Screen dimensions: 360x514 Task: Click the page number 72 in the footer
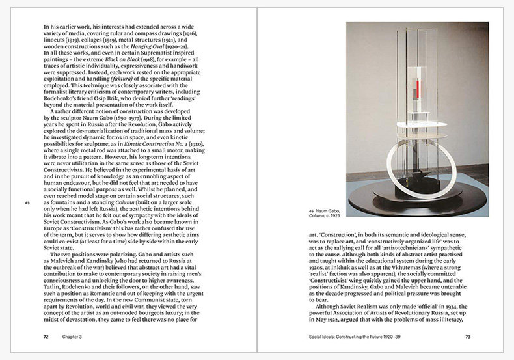click(x=46, y=337)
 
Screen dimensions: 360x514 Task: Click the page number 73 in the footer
click(x=468, y=337)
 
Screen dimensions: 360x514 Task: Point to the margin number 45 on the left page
click(x=28, y=203)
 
